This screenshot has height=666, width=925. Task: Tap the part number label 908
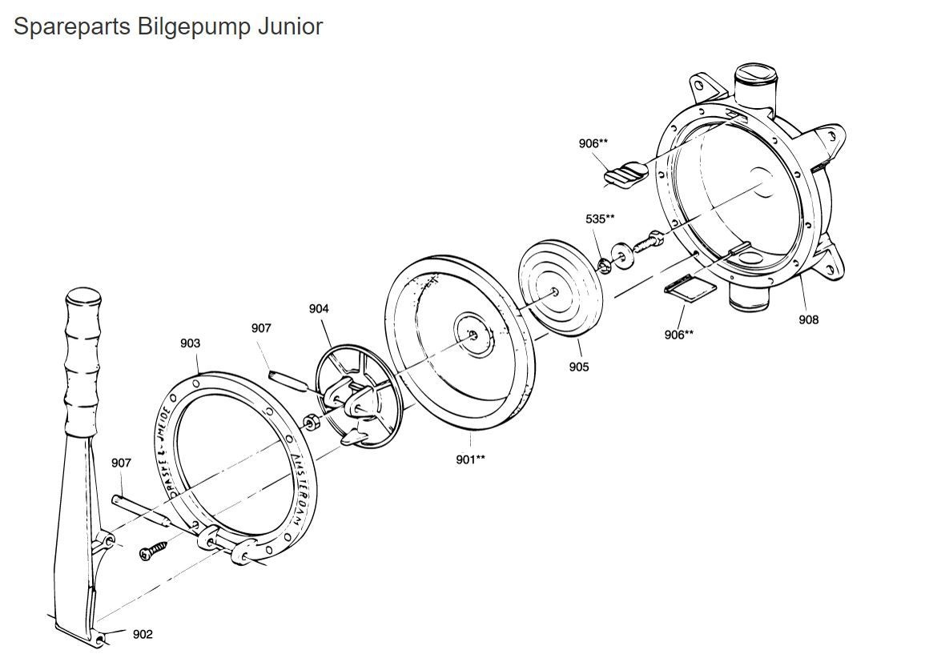click(x=808, y=320)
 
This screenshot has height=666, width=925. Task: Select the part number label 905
click(x=578, y=367)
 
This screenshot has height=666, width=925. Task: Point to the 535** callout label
click(x=600, y=218)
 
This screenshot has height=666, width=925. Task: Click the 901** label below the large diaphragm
click(x=470, y=459)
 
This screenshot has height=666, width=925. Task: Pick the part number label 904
click(x=319, y=308)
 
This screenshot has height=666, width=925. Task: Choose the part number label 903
click(x=190, y=343)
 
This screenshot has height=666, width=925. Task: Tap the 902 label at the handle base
click(x=143, y=635)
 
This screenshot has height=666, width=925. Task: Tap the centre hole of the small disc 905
click(x=554, y=292)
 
